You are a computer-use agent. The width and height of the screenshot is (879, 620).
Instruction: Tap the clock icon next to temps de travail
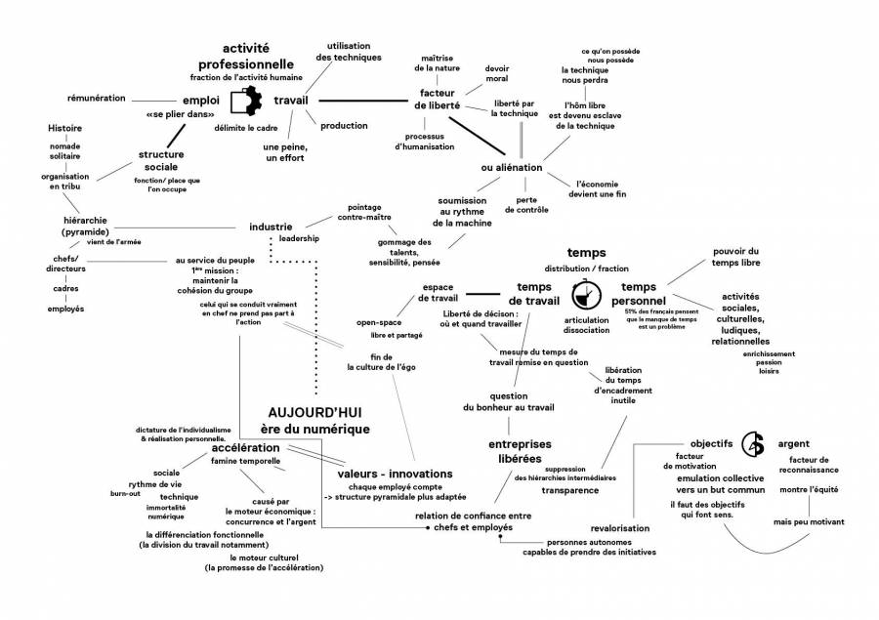pos(585,292)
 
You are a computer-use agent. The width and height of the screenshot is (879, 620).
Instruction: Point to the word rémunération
pos(96,99)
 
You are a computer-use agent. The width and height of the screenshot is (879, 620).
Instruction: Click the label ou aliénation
pos(511,168)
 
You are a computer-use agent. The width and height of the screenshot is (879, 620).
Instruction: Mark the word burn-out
pos(125,494)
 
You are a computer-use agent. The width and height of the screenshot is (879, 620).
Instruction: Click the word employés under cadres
pos(65,309)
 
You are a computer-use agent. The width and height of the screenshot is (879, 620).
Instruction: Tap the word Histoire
pos(64,128)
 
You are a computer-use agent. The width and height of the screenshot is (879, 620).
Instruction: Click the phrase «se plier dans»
pos(180,115)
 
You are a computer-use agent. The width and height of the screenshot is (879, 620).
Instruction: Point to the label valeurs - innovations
pos(389,474)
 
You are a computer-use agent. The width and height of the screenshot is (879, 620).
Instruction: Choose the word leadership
pos(298,239)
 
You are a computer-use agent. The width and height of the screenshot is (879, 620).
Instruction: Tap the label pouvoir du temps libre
pos(722,257)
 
